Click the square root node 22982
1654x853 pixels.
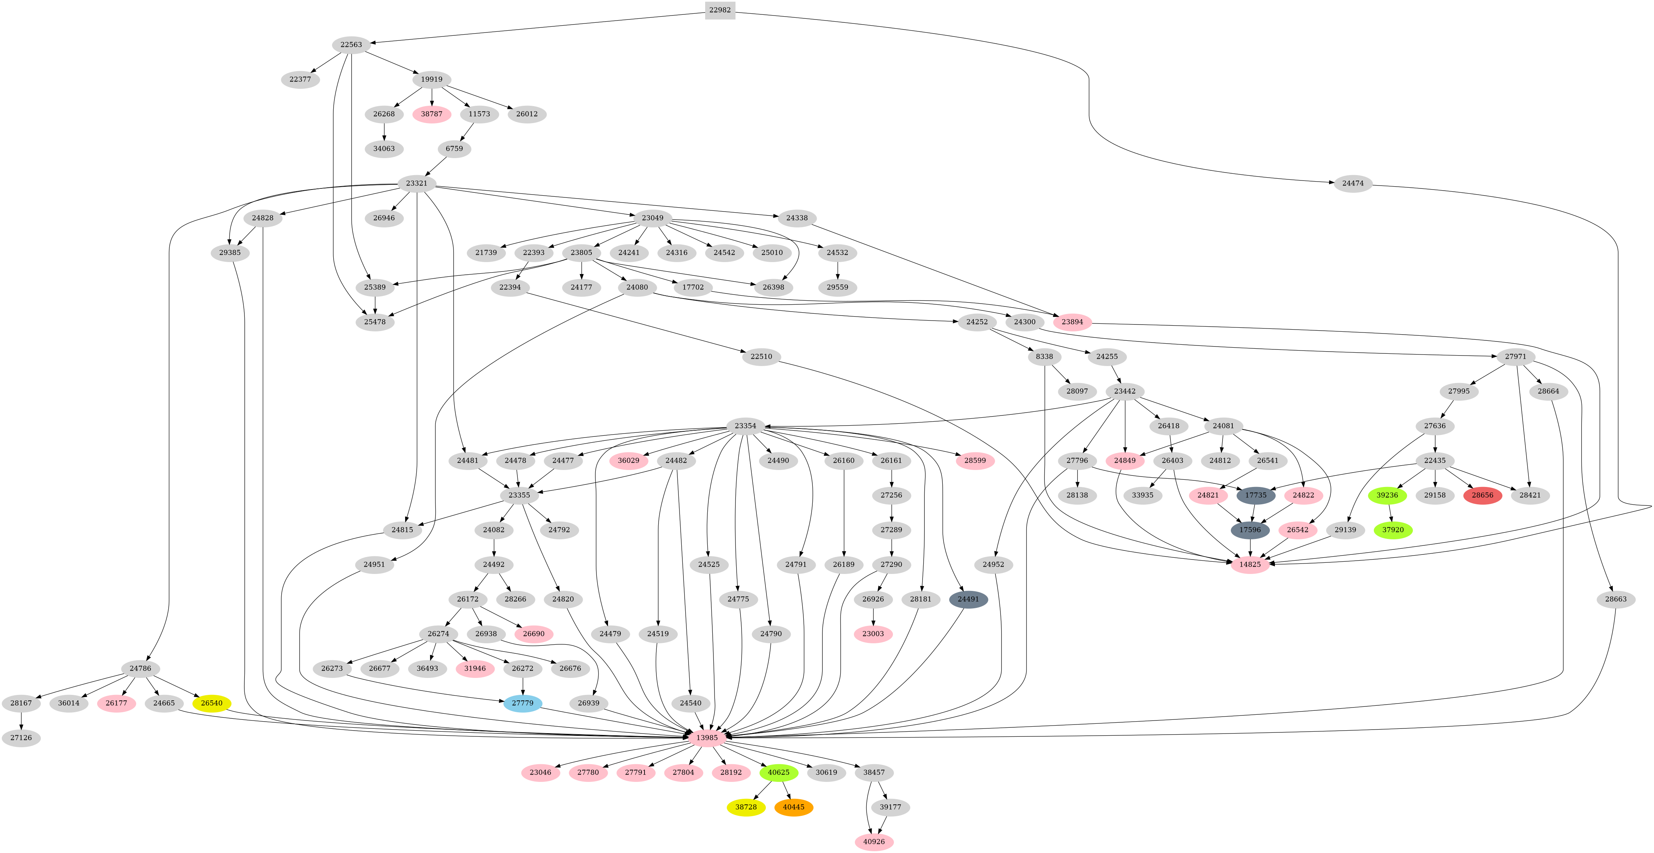720,10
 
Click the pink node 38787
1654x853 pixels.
431,114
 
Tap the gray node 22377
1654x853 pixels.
300,79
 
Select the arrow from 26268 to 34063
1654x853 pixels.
384,131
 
